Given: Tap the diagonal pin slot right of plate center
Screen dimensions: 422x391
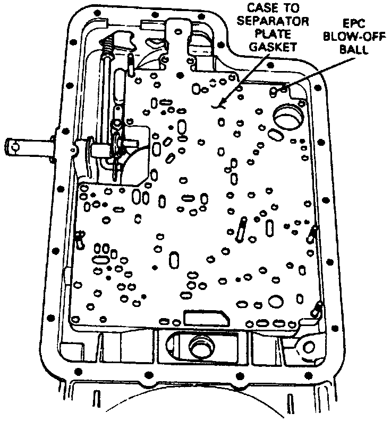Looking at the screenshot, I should (242, 228).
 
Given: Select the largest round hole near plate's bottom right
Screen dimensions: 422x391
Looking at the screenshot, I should (276, 301).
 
